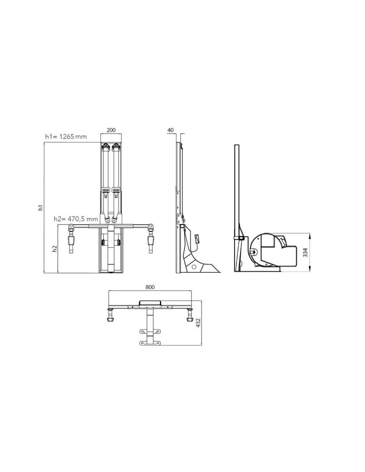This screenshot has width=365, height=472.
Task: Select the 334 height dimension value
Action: coord(305,252)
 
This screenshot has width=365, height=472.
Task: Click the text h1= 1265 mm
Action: coord(66,137)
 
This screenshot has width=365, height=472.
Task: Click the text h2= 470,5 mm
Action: coord(76,219)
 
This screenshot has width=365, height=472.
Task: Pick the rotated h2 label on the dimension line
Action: coord(55,249)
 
